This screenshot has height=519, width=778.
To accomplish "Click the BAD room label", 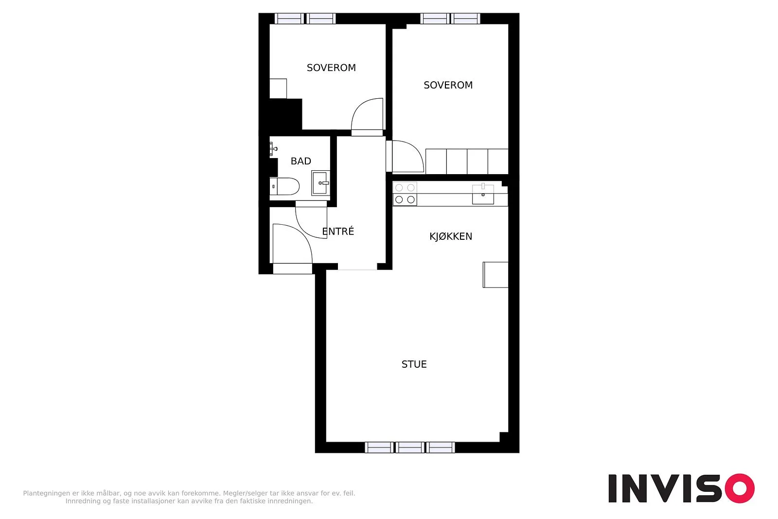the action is point(301,161).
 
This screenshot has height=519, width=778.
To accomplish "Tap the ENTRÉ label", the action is point(338,231).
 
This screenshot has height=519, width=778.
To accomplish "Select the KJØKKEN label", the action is point(451,236).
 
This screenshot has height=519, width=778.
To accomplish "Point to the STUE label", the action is point(414,364).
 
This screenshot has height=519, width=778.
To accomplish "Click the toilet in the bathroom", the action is point(284,186).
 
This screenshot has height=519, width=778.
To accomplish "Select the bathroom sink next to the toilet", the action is point(320,183).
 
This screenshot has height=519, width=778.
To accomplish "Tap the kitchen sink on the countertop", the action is point(483,194).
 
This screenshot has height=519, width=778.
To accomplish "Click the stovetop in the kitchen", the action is point(405,194).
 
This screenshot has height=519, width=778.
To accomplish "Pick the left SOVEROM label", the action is point(331,68).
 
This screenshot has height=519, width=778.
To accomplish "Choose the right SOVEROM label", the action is point(448,85).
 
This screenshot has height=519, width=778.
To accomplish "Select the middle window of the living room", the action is point(410,447).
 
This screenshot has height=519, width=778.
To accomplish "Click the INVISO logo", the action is point(681,488).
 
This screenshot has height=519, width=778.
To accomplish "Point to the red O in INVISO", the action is point(740,488).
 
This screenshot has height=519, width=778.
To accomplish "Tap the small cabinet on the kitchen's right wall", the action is point(495,275).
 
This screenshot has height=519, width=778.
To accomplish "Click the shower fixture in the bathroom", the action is point(274,149).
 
